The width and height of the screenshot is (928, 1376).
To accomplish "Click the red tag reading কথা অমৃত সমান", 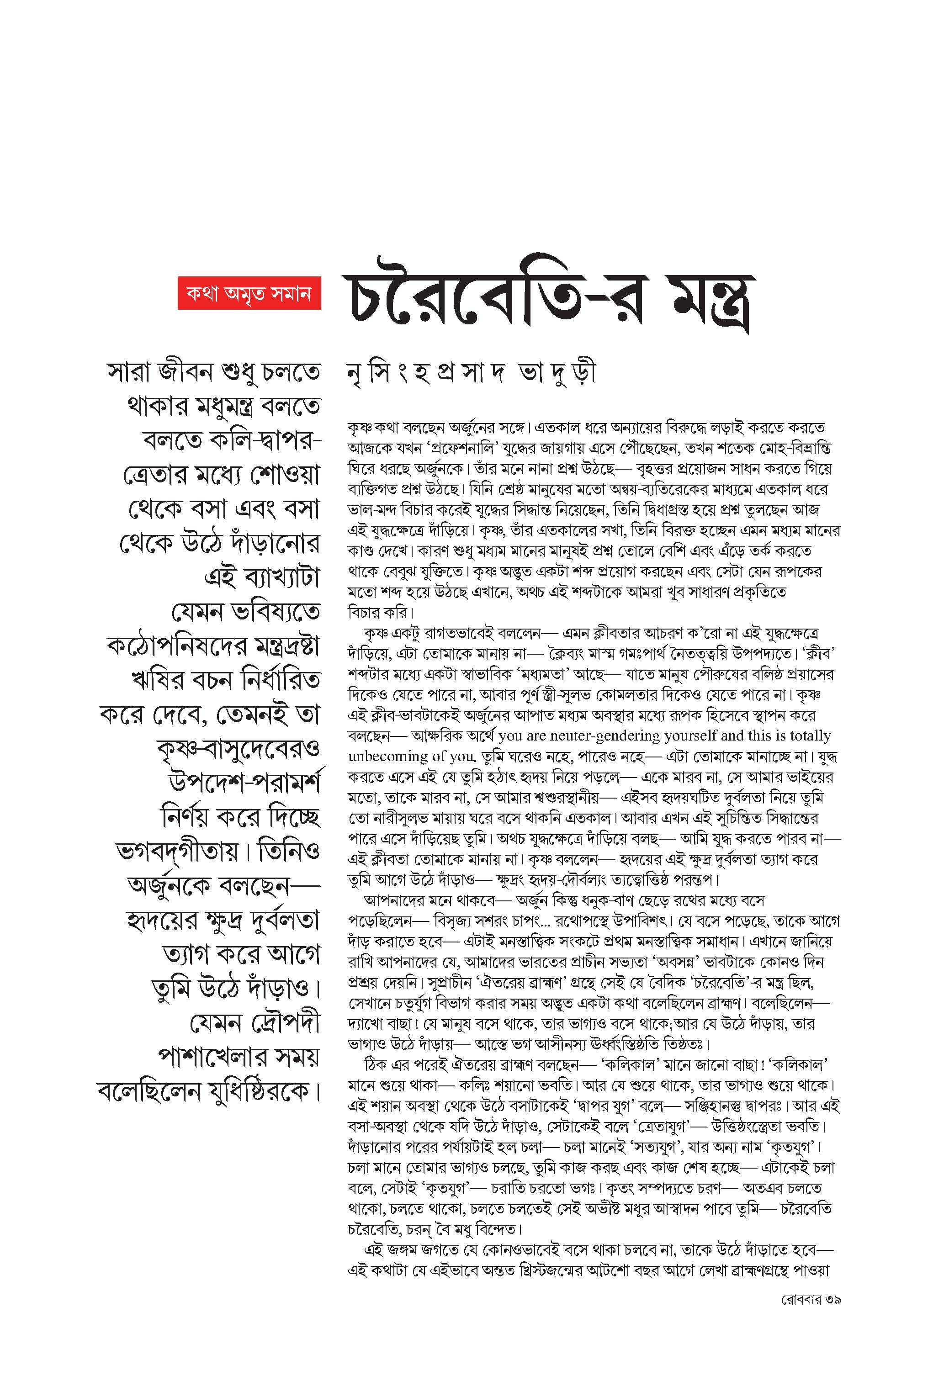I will (x=249, y=293).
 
